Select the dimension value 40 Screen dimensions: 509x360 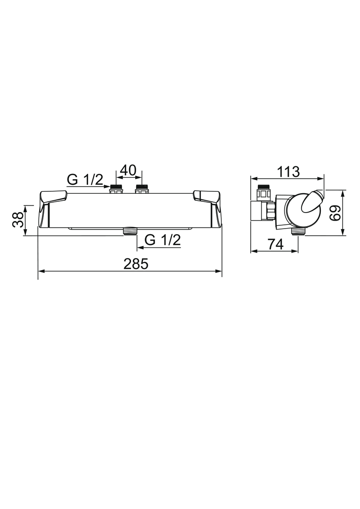point(129,170)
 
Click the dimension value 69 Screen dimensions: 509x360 point(335,213)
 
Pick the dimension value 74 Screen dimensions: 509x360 point(275,244)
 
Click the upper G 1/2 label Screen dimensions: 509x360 point(85,179)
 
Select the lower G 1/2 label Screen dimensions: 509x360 point(163,240)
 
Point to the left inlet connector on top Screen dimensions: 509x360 point(116,189)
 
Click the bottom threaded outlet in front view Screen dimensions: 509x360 point(129,231)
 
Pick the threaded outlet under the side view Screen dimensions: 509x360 point(297,231)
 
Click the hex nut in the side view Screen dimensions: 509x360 point(270,211)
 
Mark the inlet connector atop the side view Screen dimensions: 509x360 point(262,193)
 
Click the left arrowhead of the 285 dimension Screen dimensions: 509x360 point(41,271)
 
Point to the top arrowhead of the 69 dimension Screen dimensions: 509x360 point(344,193)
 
